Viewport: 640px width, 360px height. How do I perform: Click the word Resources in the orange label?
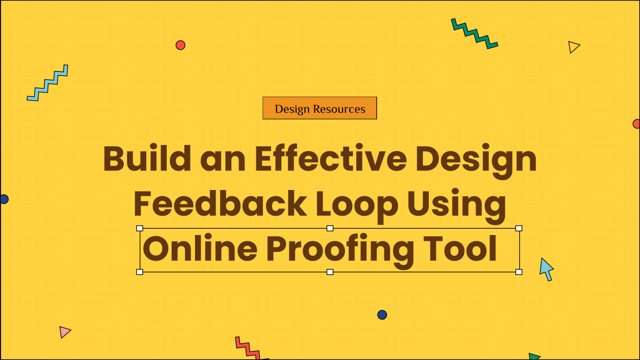339,109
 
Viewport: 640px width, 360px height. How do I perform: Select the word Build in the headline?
147,159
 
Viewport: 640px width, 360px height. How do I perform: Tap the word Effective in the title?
330,159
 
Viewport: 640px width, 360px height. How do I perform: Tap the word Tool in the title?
460,249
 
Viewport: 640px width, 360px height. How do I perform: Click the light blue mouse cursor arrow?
546,268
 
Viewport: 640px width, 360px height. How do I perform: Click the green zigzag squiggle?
474,34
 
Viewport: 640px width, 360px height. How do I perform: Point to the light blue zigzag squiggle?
47,83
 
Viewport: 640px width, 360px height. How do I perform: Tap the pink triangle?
65,332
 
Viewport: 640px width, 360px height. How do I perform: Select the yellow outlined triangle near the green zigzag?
574,47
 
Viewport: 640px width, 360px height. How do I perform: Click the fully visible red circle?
180,45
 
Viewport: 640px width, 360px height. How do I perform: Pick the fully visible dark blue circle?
382,315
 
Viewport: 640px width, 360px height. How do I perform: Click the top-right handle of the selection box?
519,228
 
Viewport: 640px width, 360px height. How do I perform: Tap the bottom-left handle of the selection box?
140,272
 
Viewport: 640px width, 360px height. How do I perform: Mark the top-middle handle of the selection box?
330,228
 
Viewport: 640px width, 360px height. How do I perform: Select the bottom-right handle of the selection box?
519,272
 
